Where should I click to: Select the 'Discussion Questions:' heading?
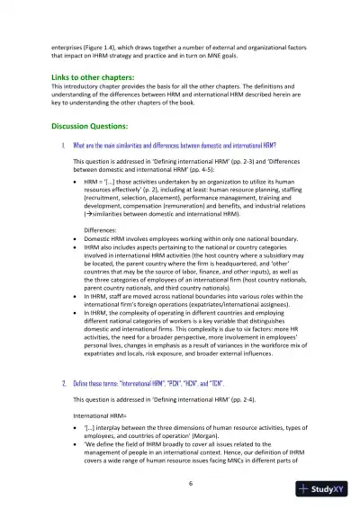tap(90, 126)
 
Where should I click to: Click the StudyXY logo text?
tap(331, 490)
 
